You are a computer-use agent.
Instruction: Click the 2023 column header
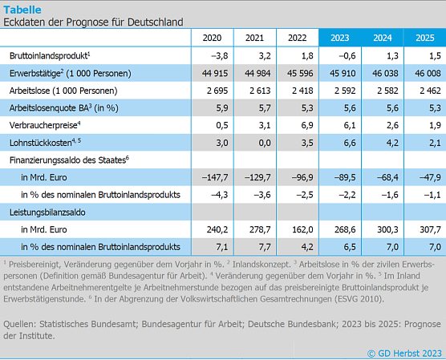pos(339,38)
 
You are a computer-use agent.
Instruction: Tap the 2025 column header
pos(424,38)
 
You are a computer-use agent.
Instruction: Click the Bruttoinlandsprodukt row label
pos(49,55)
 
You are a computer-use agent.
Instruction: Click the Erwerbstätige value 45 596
pos(296,73)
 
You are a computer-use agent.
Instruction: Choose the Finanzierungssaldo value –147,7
pos(212,176)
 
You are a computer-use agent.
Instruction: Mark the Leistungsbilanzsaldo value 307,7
pos(425,229)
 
